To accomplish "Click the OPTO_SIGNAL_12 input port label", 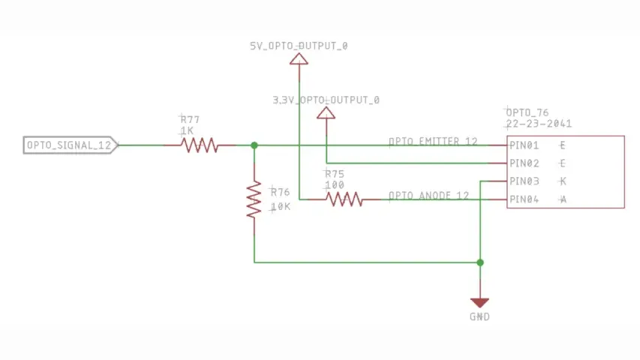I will (x=70, y=145).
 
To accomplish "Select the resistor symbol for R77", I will (x=200, y=145).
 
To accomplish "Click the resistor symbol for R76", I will (x=254, y=199).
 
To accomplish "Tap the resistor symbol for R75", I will (x=344, y=199).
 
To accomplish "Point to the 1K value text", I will (x=187, y=130).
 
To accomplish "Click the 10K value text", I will (x=280, y=206).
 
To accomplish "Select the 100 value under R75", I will (x=334, y=184).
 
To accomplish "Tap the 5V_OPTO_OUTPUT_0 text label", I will (x=299, y=46).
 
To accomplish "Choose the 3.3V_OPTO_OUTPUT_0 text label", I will (x=326, y=100).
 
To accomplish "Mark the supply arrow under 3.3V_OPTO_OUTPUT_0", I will (x=326, y=112).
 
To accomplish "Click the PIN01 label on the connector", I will (x=524, y=145).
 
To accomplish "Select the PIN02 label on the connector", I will (x=524, y=163).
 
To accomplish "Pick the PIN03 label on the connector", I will (x=524, y=181).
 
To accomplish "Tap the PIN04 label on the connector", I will (x=524, y=199).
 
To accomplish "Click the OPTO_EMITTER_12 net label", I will (x=433, y=141).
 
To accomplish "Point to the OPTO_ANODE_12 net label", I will (x=428, y=196).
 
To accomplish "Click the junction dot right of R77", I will (x=254, y=145).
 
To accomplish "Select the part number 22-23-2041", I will (x=539, y=124).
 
